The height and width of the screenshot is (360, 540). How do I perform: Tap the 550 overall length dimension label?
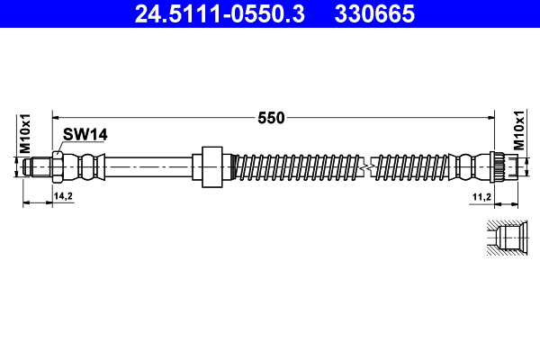271,117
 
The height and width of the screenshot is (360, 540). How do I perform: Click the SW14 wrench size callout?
85,134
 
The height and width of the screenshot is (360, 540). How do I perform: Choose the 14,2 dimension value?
63,195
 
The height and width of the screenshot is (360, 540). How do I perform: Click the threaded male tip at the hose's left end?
39,166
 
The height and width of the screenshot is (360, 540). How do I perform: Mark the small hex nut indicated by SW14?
57,166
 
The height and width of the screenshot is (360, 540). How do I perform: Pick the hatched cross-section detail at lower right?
504,238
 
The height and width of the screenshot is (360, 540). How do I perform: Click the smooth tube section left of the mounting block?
148,166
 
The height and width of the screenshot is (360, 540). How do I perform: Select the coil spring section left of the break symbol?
297,166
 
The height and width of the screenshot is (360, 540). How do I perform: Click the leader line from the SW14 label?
61,147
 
